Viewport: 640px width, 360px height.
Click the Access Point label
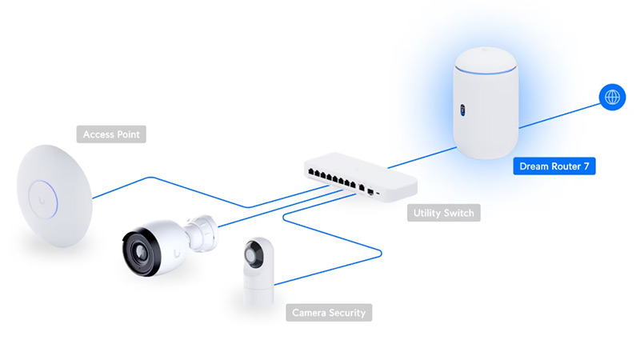click(111, 135)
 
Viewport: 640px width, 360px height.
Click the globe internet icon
click(613, 98)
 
